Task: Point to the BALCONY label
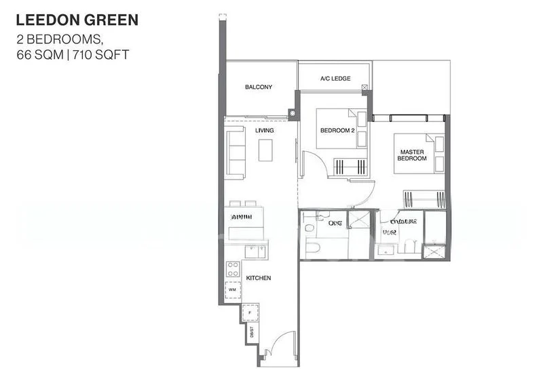(x=259, y=87)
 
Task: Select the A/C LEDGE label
(x=335, y=79)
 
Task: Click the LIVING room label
(x=265, y=130)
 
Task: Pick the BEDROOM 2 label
(x=337, y=130)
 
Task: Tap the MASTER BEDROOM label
(x=412, y=155)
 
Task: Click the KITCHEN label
(x=259, y=278)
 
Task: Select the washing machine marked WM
(x=232, y=289)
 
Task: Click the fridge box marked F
(x=250, y=313)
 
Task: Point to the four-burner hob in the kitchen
(x=232, y=268)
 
